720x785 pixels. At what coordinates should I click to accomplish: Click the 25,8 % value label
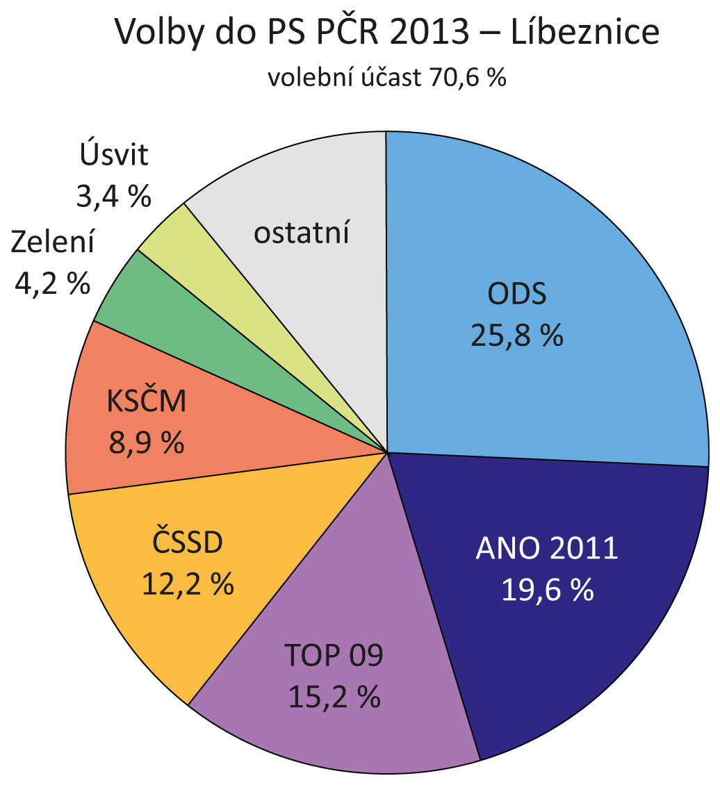pyautogui.click(x=517, y=336)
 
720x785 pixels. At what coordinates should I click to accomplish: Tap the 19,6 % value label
pyautogui.click(x=548, y=590)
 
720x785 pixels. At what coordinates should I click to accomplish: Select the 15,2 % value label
pyautogui.click(x=334, y=697)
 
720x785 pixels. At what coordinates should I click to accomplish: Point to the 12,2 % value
pyautogui.click(x=188, y=584)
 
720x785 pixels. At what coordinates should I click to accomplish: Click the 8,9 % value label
pyautogui.click(x=147, y=443)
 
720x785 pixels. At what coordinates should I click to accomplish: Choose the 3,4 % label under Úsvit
pyautogui.click(x=113, y=197)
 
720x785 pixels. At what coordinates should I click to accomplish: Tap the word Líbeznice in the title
pyautogui.click(x=584, y=32)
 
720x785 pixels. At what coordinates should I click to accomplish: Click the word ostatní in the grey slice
pyautogui.click(x=301, y=233)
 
